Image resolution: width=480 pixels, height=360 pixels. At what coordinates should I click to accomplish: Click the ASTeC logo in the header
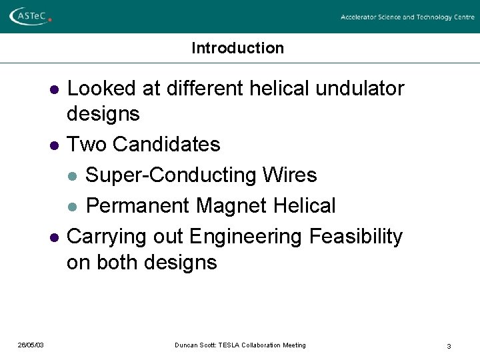30,15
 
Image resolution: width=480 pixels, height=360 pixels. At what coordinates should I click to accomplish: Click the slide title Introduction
237,48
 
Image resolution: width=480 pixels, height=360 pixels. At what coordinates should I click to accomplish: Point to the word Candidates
167,144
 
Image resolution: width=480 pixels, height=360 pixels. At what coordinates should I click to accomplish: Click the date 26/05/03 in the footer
31,345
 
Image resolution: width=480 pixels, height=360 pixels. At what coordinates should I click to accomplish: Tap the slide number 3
449,346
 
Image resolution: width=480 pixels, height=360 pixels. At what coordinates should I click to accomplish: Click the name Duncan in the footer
187,345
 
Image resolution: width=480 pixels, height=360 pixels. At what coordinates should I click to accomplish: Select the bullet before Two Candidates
53,145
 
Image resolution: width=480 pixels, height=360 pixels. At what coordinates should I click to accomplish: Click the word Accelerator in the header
360,17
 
